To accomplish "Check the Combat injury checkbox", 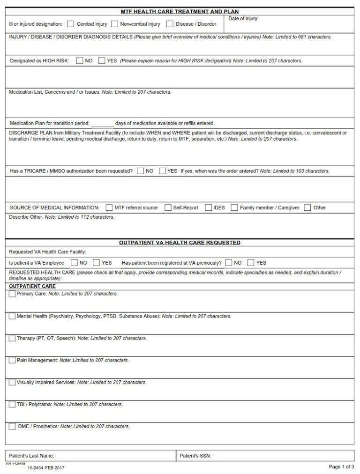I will coord(71,24).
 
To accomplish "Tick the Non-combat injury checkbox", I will coord(114,24).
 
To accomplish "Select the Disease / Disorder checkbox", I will coord(170,24).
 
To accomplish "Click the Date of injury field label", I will coord(243,19).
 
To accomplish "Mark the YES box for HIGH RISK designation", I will coord(102,60).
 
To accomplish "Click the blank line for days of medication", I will coord(102,124).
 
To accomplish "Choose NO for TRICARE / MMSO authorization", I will coord(141,171).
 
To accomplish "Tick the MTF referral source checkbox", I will coord(109,207).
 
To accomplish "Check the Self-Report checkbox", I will coord(168,207).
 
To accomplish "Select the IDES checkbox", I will coord(208,207).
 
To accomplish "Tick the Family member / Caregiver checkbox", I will coord(234,207).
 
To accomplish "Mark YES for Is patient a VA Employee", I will coord(97,263).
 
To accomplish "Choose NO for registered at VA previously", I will coord(229,263).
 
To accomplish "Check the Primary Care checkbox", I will coord(12,294).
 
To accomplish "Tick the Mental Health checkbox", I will coord(12,316).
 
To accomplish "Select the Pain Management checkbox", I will coord(12,360).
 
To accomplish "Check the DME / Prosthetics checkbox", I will coord(12,426).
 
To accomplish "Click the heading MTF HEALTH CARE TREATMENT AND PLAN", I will coord(180,12).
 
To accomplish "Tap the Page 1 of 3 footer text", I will coord(341,467).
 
